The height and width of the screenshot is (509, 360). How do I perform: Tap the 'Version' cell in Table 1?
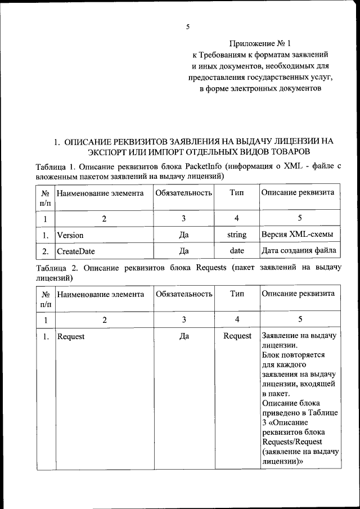coord(70,235)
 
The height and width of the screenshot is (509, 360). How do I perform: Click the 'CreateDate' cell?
coord(76,251)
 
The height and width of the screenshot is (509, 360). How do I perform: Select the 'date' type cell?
coord(237,251)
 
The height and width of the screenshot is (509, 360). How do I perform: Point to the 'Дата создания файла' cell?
coord(299,251)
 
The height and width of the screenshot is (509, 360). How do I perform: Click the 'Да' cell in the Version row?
coord(183,235)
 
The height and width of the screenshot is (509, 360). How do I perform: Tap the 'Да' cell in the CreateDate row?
coord(183,251)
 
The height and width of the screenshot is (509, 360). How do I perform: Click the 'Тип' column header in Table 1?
coord(237,193)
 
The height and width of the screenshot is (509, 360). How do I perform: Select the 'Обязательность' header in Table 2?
coord(183,294)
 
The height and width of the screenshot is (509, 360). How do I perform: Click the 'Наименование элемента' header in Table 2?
coord(100,294)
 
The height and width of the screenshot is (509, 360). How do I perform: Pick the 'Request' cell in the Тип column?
coord(237,336)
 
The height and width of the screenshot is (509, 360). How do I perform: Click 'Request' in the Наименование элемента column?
coord(71,336)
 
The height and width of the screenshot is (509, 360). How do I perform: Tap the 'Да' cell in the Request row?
coord(183,336)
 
